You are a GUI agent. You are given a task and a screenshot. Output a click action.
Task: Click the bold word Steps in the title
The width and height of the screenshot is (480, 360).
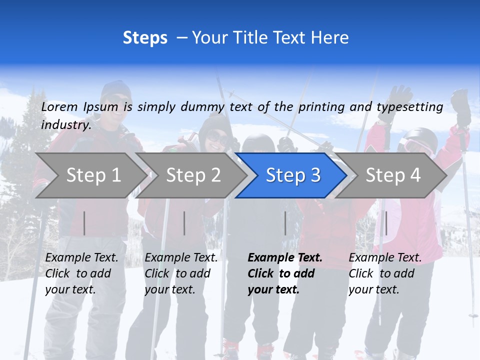pos(145,38)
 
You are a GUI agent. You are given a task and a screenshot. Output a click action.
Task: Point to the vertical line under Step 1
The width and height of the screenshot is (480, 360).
pos(84,223)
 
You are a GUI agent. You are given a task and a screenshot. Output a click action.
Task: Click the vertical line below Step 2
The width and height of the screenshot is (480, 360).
pos(184,223)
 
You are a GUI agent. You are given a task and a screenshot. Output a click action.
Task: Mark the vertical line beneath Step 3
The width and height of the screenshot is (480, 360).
pos(285,223)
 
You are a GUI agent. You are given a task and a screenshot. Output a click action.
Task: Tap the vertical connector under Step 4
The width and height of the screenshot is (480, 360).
pos(386,223)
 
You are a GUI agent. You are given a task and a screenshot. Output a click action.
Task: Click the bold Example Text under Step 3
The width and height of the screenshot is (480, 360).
pos(284,273)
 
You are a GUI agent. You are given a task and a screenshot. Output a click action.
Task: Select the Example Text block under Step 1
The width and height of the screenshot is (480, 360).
pos(81,273)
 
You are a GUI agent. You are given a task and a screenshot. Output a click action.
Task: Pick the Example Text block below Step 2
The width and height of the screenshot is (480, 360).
pos(181,273)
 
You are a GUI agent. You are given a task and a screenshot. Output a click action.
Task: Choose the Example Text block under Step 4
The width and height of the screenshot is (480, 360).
pos(385,273)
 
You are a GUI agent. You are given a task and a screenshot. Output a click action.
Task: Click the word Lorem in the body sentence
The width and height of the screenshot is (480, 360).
pos(59,106)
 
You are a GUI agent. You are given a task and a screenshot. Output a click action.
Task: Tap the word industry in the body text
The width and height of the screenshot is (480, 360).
pos(65,124)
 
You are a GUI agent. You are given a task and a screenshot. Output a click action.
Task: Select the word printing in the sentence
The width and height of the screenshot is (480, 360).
pos(322,107)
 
